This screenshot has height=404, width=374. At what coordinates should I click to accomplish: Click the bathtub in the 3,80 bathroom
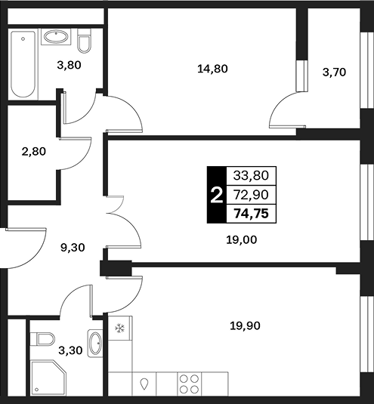[x=23, y=64]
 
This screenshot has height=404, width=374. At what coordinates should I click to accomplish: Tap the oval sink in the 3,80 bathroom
[x=56, y=36]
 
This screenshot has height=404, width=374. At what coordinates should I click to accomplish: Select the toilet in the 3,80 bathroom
[x=84, y=41]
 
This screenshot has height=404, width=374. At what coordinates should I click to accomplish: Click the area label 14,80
[x=212, y=69]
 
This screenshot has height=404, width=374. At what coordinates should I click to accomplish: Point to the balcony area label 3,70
[x=334, y=72]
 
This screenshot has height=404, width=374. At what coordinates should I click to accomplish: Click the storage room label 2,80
[x=34, y=151]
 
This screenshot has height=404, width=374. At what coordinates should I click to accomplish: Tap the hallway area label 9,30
[x=73, y=248]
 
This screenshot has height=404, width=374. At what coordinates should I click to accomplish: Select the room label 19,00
[x=242, y=240]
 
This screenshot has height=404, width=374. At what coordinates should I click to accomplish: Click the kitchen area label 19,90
[x=245, y=326]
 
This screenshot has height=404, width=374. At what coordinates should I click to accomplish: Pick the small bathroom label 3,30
[x=70, y=350]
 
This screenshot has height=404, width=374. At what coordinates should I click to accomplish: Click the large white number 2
[x=217, y=195]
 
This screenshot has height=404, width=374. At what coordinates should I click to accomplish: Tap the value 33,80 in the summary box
[x=251, y=175]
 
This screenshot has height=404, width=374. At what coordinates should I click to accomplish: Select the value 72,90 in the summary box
[x=251, y=195]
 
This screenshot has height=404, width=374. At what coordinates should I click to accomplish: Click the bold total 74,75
[x=251, y=214]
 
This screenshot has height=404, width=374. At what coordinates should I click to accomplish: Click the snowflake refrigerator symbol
[x=119, y=328]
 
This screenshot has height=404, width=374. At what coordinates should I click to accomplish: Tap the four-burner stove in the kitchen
[x=190, y=384]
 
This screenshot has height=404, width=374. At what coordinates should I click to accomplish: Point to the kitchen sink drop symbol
[x=144, y=384]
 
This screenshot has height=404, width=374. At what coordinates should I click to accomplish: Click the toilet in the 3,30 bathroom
[x=42, y=339]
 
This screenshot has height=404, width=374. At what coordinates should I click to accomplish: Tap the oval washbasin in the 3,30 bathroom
[x=95, y=343]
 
